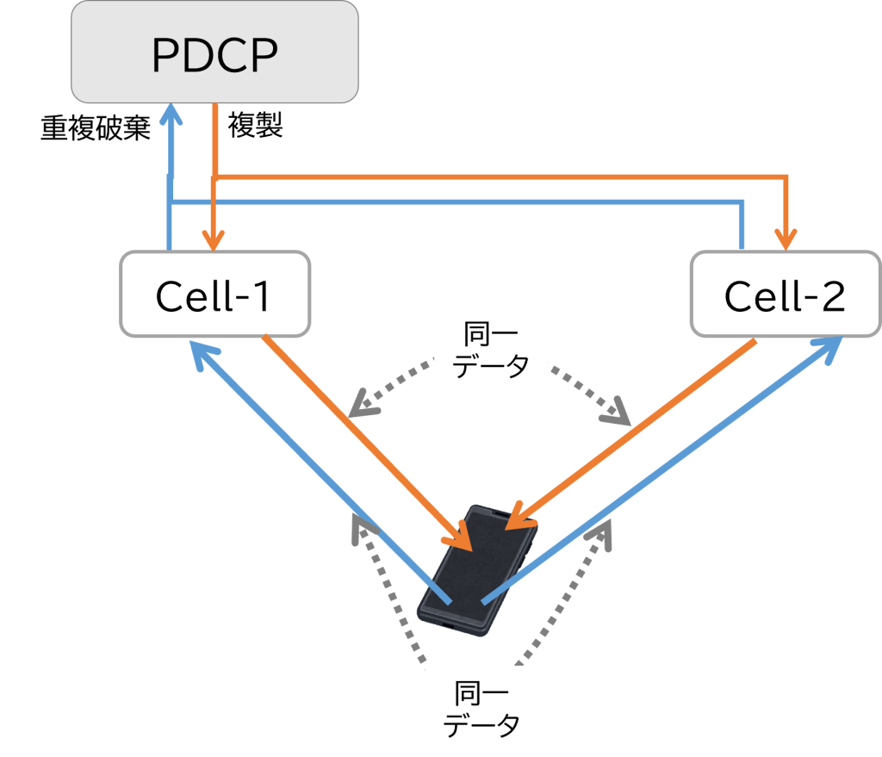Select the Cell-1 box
tap(214, 295)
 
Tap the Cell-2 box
tap(785, 295)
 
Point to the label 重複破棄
tap(96, 128)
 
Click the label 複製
tap(255, 127)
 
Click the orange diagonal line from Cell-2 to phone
tap(637, 431)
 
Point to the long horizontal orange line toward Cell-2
tap(500, 177)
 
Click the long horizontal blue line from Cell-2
tap(457, 202)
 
